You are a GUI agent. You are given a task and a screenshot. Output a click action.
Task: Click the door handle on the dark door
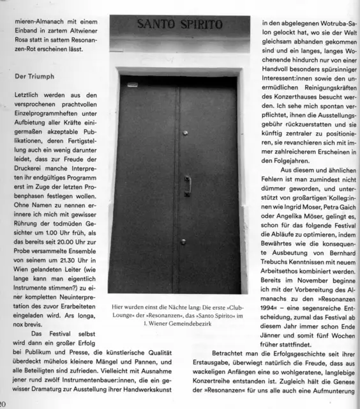coord(187,185)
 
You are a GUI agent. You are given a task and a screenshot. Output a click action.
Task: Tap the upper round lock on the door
coord(185,132)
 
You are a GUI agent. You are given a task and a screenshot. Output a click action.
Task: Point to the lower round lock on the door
coord(183,241)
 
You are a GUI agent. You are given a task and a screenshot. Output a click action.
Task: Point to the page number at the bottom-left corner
coord(4,403)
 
